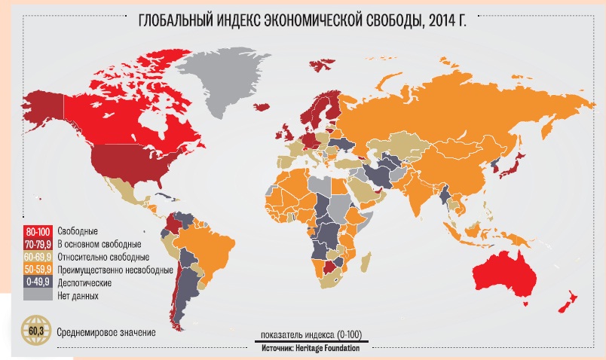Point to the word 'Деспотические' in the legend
tap(84, 283)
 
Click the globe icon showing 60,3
tap(35, 331)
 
